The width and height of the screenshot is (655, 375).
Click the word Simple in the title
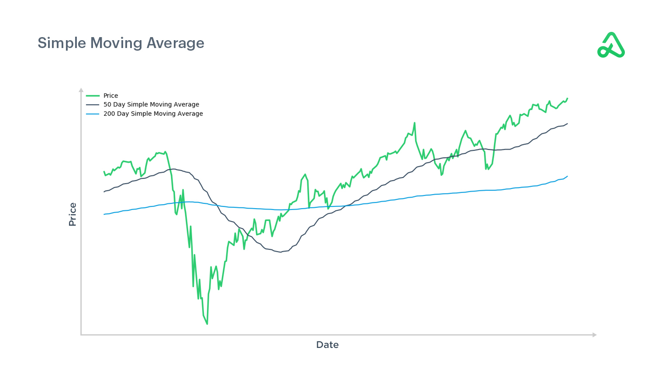[x=62, y=43]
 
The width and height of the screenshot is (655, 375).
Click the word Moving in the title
[x=116, y=43]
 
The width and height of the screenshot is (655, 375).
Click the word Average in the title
[x=175, y=43]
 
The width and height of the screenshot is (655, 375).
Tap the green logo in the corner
[x=611, y=45]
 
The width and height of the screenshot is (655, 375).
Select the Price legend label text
[x=110, y=96]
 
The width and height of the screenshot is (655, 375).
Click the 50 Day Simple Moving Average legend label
[x=151, y=104]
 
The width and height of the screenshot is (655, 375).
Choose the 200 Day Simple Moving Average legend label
[x=153, y=114]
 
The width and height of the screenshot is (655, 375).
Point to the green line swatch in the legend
[x=93, y=96]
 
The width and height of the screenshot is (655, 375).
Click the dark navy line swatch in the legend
[x=93, y=105]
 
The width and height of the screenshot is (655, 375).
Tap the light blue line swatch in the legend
[x=93, y=114]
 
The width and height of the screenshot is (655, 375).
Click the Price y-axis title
[x=72, y=214]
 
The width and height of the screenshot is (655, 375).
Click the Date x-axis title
[x=327, y=345]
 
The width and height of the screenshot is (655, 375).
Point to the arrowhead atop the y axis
[x=81, y=90]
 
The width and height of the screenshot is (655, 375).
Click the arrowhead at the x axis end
[x=594, y=335]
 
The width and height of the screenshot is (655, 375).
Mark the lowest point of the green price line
[x=207, y=324]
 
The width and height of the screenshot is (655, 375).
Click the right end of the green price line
[x=568, y=98]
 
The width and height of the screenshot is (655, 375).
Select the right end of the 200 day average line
[x=568, y=176]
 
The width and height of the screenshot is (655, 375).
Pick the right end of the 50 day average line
[x=568, y=124]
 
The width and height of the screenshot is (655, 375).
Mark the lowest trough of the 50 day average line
[x=281, y=252]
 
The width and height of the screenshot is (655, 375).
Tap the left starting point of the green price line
[x=104, y=172]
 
